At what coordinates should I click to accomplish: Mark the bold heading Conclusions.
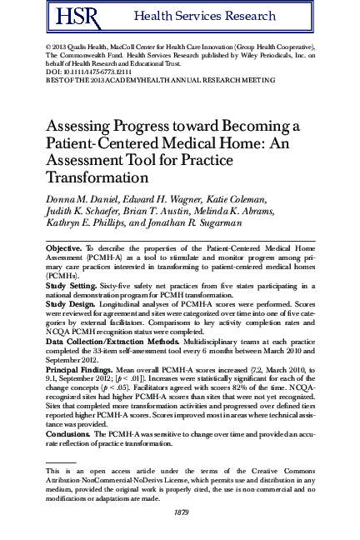pos(69,433)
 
